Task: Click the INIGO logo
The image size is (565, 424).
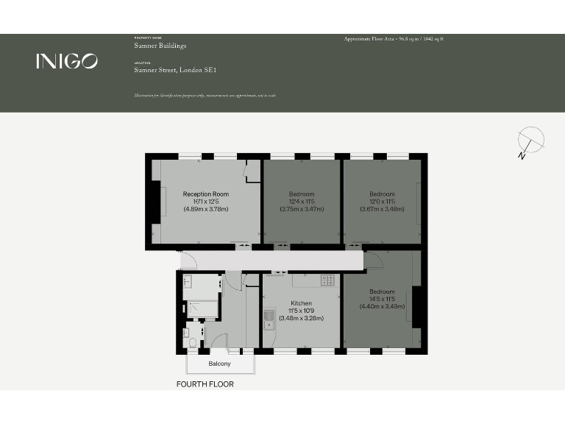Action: (x=66, y=61)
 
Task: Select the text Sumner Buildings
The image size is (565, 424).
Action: (x=160, y=46)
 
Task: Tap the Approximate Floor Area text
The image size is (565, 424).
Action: (x=394, y=38)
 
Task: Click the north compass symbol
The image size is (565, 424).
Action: (x=529, y=141)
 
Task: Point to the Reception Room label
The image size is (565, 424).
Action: (x=205, y=194)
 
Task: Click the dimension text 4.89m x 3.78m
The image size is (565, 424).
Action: (x=205, y=209)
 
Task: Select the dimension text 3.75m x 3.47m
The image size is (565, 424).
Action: (x=302, y=209)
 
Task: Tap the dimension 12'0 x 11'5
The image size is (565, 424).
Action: (x=382, y=202)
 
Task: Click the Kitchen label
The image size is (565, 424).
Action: (x=301, y=303)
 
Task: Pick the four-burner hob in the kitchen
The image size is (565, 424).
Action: (x=327, y=280)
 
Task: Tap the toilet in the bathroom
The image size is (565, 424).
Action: (x=193, y=341)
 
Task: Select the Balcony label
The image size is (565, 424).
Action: (x=219, y=364)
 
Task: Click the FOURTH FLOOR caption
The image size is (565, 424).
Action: (x=205, y=384)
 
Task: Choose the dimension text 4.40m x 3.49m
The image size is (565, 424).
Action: (x=382, y=306)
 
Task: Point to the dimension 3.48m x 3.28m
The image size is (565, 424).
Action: (x=301, y=318)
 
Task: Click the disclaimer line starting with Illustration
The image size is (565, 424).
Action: (x=205, y=96)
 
